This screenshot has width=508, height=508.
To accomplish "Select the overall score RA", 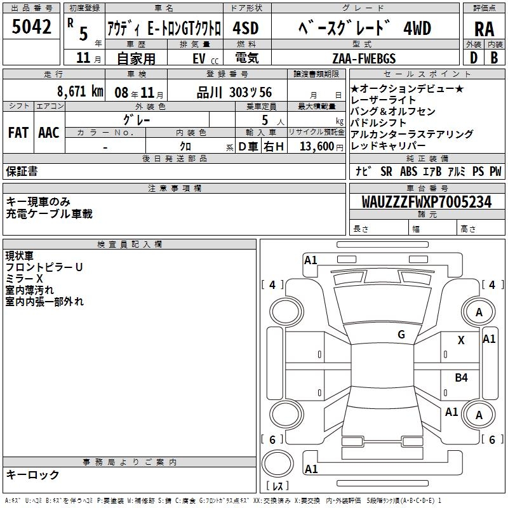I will point(483,29).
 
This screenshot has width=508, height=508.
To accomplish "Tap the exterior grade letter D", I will point(473,58).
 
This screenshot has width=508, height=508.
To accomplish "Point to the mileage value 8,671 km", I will point(80,91).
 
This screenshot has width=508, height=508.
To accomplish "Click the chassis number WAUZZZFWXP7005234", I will point(426,202).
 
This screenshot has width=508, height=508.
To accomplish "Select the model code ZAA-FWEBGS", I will point(372,58).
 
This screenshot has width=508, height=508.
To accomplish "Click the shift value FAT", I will point(18,133).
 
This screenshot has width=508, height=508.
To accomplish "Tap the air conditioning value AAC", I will point(49,133).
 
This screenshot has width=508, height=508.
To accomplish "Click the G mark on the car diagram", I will point(401,334).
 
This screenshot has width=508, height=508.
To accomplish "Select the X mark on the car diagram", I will point(461,340).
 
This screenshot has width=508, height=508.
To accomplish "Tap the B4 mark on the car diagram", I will point(461,378).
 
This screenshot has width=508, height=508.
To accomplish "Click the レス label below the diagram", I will point(277,487).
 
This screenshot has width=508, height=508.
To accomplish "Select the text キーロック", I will point(32,474).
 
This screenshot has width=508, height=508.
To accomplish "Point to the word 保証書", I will point(22,171).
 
